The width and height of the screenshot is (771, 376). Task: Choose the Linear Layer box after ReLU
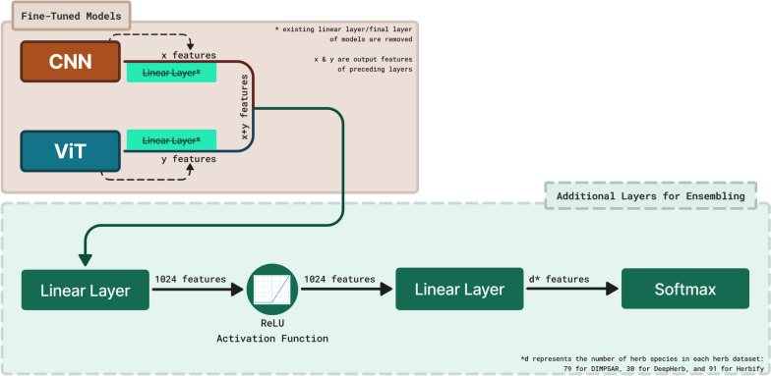click(x=459, y=290)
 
